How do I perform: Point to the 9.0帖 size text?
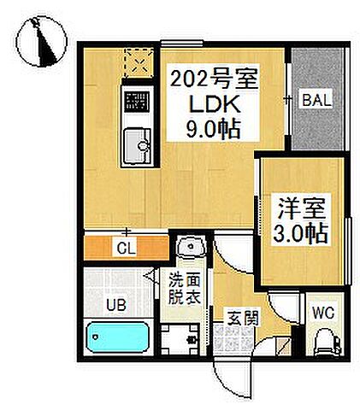point(210,130)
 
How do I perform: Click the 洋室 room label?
point(302,208)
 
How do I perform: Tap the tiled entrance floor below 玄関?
point(233,343)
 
